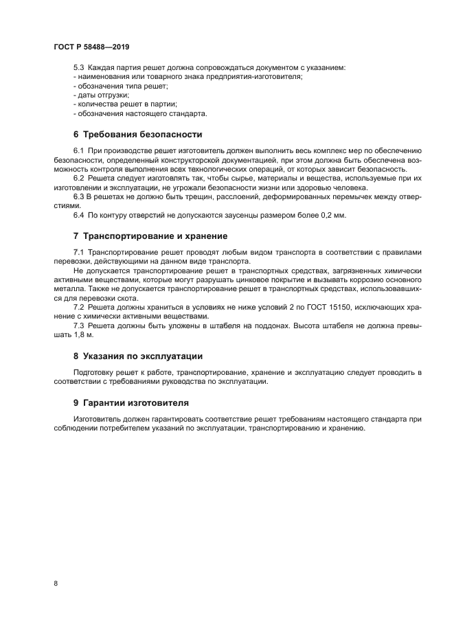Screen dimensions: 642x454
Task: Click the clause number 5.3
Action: (x=79, y=67)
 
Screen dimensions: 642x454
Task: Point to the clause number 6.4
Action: (x=79, y=215)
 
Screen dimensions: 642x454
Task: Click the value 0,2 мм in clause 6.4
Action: (x=335, y=215)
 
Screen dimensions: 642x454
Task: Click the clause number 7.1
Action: (x=79, y=251)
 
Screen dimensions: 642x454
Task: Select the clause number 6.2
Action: (x=79, y=179)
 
